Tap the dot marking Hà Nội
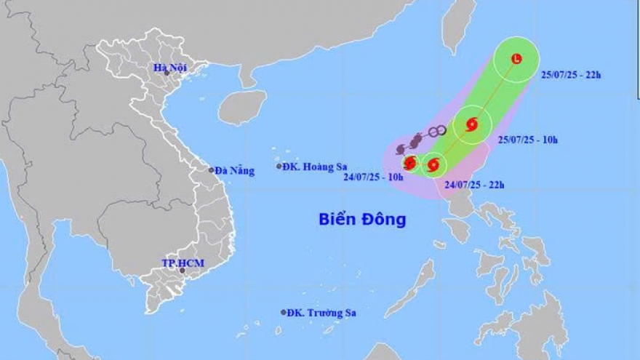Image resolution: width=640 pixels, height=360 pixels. tap(167, 73)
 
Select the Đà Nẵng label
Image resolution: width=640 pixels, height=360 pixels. tap(236, 171)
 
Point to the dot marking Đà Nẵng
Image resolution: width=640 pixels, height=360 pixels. tap(212, 170)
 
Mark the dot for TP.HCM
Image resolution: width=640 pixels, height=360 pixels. tap(183, 271)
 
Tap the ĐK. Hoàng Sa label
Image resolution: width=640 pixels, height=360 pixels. tap(316, 167)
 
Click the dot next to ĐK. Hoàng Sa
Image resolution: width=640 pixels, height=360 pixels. tap(279, 167)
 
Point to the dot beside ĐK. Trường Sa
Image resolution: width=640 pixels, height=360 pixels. tap(284, 313)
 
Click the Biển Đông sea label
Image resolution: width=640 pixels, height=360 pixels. tap(362, 219)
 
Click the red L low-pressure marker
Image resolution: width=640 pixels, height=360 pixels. tap(516, 59)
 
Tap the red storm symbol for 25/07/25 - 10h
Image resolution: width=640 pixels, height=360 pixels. tap(471, 124)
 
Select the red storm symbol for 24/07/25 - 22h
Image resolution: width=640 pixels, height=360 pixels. tap(433, 165)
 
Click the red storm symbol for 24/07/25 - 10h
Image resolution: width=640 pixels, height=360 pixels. tap(410, 162)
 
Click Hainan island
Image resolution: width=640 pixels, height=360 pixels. tap(241, 107)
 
